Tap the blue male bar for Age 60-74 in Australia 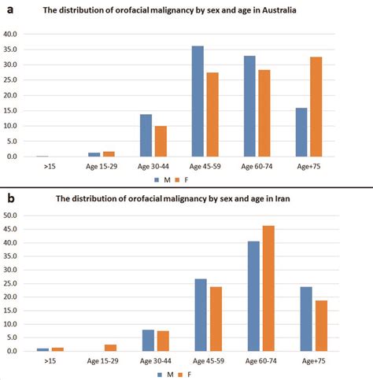(251, 106)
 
